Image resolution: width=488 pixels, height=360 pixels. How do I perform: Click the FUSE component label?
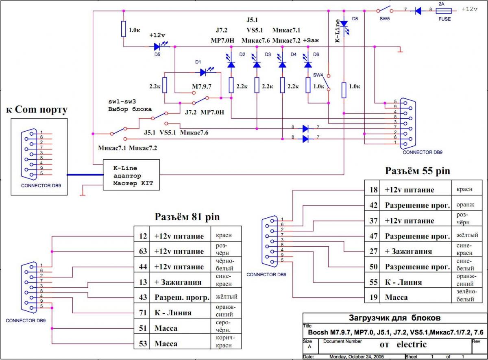444,19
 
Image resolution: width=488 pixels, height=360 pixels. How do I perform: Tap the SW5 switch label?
385,19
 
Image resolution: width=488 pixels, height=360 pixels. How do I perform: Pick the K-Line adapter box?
131,175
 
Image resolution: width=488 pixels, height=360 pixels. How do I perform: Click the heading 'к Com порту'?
37,109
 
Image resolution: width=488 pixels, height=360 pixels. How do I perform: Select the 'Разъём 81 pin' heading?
187,217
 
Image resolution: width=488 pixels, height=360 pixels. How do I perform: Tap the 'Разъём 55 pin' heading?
418,171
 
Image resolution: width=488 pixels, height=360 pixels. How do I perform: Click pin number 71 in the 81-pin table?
143,313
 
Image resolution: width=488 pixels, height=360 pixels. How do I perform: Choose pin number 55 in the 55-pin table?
373,282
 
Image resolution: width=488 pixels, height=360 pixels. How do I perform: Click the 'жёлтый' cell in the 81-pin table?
227,297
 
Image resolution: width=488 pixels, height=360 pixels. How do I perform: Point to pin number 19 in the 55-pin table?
373,297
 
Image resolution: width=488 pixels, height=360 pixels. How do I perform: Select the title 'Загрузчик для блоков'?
394,318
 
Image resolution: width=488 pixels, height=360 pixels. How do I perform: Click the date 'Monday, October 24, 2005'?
356,357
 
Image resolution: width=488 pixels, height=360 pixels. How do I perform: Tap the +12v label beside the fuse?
469,9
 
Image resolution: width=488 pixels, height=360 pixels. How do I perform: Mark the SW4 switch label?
318,75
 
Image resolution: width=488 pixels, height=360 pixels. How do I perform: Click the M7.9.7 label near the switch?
202,87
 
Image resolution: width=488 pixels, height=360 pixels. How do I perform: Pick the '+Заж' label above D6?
311,41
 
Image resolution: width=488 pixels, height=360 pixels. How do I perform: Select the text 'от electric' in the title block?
403,345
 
